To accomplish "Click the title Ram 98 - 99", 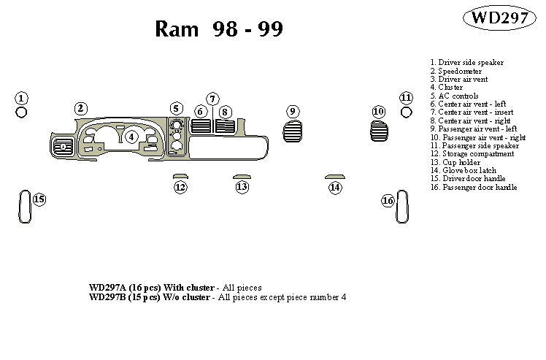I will pyautogui.click(x=219, y=28).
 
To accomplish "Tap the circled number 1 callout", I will pyautogui.click(x=22, y=99).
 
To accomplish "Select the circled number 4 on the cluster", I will pyautogui.click(x=131, y=136).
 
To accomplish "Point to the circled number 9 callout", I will pyautogui.click(x=293, y=111).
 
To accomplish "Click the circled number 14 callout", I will pyautogui.click(x=334, y=188).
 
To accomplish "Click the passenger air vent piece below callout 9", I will pyautogui.click(x=292, y=132).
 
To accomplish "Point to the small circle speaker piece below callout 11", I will pyautogui.click(x=406, y=112).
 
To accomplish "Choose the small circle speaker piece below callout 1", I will pyautogui.click(x=22, y=112).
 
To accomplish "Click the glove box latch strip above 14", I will pyautogui.click(x=334, y=176).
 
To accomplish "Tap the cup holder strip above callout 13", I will pyautogui.click(x=242, y=176).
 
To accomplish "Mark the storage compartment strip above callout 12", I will pyautogui.click(x=180, y=176).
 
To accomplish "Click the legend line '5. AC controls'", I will pyautogui.click(x=455, y=96).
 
